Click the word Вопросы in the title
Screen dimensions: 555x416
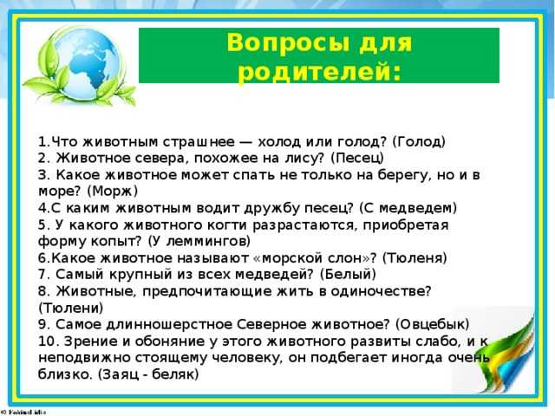(287, 42)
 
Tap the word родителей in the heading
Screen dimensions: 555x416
(320, 72)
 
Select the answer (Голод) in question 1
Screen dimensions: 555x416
(419, 142)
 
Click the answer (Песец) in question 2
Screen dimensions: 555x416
(357, 158)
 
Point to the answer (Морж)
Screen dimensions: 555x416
(113, 192)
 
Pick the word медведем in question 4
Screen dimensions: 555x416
(418, 208)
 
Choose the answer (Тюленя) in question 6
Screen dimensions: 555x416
(415, 258)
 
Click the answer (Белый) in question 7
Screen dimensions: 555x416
(348, 274)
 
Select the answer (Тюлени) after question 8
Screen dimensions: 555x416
(71, 308)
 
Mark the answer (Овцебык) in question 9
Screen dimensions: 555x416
(432, 324)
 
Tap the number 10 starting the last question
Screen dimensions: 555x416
(46, 341)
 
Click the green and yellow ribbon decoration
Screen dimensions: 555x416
(506, 357)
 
